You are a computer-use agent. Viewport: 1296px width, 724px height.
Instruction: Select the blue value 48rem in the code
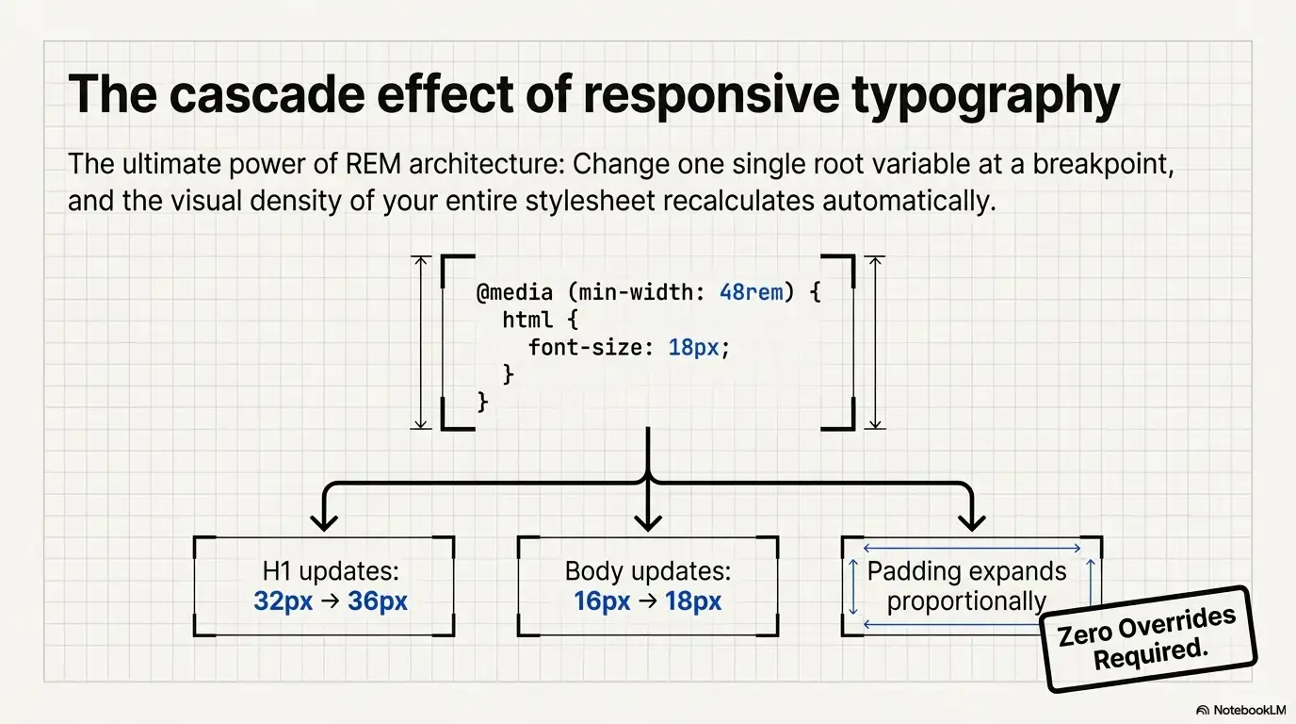(751, 292)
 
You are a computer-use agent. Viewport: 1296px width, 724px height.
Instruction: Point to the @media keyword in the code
(514, 292)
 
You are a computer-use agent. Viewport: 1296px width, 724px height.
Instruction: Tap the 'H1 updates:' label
(331, 571)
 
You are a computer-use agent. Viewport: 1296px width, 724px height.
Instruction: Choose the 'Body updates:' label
(647, 571)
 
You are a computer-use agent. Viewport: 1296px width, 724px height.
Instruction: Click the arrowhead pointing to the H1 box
(324, 521)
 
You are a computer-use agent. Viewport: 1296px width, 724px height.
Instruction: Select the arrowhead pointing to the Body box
(648, 521)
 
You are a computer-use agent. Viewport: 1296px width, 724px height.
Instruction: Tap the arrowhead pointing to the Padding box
(971, 521)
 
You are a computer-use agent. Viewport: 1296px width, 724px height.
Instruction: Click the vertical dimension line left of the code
(421, 342)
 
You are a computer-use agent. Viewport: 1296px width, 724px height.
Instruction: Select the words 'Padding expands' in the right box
(966, 571)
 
